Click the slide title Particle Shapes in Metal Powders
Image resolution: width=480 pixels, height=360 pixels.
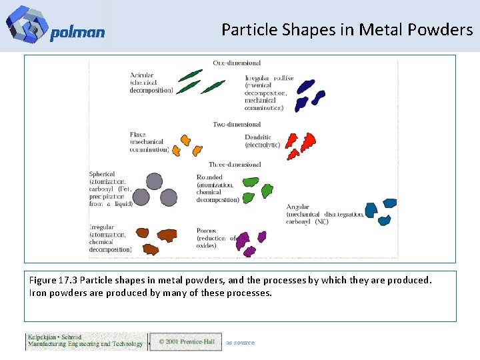pyautogui.click(x=347, y=29)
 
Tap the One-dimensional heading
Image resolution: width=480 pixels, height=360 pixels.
pyautogui.click(x=237, y=63)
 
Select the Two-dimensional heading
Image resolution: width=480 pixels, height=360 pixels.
pyautogui.click(x=237, y=124)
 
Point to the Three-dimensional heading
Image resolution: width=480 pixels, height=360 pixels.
pyautogui.click(x=235, y=164)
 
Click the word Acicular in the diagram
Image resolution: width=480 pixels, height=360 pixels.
pyautogui.click(x=142, y=75)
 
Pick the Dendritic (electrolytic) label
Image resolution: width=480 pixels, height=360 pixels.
pyautogui.click(x=257, y=141)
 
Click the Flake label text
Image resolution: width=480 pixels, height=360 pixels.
pyautogui.click(x=138, y=135)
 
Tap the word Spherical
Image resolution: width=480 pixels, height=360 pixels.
pyautogui.click(x=102, y=174)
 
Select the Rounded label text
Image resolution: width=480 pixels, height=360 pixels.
pyautogui.click(x=210, y=177)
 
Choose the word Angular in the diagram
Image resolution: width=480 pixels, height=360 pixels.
pyautogui.click(x=298, y=207)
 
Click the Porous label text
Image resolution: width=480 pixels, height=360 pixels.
pyautogui.click(x=206, y=231)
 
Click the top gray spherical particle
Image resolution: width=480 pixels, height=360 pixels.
pyautogui.click(x=154, y=181)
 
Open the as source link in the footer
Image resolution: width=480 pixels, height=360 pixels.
pyautogui.click(x=240, y=343)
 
